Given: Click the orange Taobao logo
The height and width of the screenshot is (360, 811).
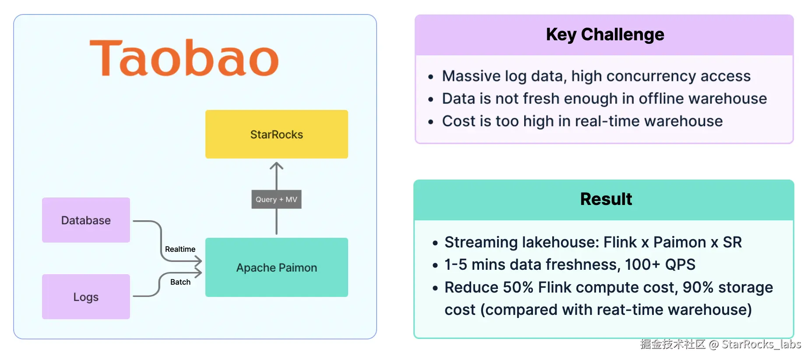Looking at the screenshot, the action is coord(184,58).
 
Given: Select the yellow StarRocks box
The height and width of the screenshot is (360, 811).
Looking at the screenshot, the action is coord(277,134).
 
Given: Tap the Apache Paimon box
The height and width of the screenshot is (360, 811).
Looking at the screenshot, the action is coord(277,267).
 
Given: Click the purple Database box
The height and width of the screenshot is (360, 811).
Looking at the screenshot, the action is coord(86,220).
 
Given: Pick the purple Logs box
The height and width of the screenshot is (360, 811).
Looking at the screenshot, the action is coord(86,296).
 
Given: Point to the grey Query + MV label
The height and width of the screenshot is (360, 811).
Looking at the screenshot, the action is coord(276,199).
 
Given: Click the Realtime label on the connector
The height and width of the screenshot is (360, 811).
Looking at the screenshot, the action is coord(180,249).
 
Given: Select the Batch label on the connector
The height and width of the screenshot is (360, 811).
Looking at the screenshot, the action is coord(180,282).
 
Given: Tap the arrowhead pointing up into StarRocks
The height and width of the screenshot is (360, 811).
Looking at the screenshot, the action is coord(276,166).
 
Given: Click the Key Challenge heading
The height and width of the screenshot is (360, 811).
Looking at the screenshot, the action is coord(605,35).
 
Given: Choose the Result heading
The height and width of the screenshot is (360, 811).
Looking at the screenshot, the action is coord(606,199).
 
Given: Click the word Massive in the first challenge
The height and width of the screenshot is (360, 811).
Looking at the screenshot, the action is coord(471,76).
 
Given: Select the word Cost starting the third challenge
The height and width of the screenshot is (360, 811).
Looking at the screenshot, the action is coord(459,121).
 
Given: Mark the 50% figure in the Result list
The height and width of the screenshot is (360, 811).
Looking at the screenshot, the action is coord(518,287).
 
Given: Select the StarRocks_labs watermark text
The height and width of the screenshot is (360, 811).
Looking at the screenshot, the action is coord(761,344).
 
